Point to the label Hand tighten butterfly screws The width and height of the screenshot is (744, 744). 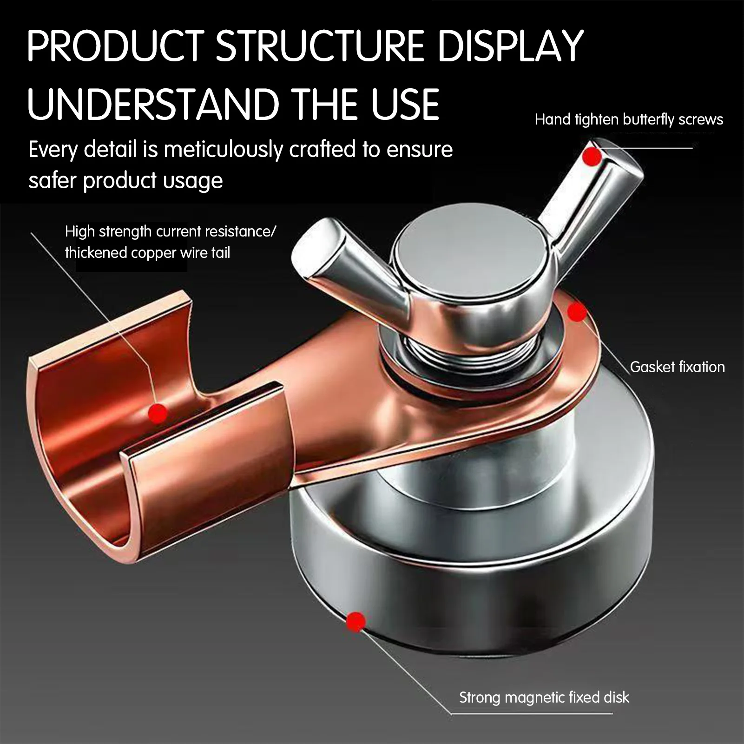(x=629, y=120)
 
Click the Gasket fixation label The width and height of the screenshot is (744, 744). (x=677, y=367)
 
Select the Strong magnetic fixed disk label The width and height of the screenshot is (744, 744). (x=544, y=697)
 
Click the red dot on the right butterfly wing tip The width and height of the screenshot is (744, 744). (x=592, y=157)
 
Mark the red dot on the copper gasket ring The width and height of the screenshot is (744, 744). (x=577, y=312)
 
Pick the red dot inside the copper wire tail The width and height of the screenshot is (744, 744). (x=158, y=412)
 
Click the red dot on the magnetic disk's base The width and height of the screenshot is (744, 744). (x=356, y=622)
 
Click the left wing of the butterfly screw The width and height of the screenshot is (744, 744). (x=344, y=265)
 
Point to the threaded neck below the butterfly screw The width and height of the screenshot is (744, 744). (x=469, y=353)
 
